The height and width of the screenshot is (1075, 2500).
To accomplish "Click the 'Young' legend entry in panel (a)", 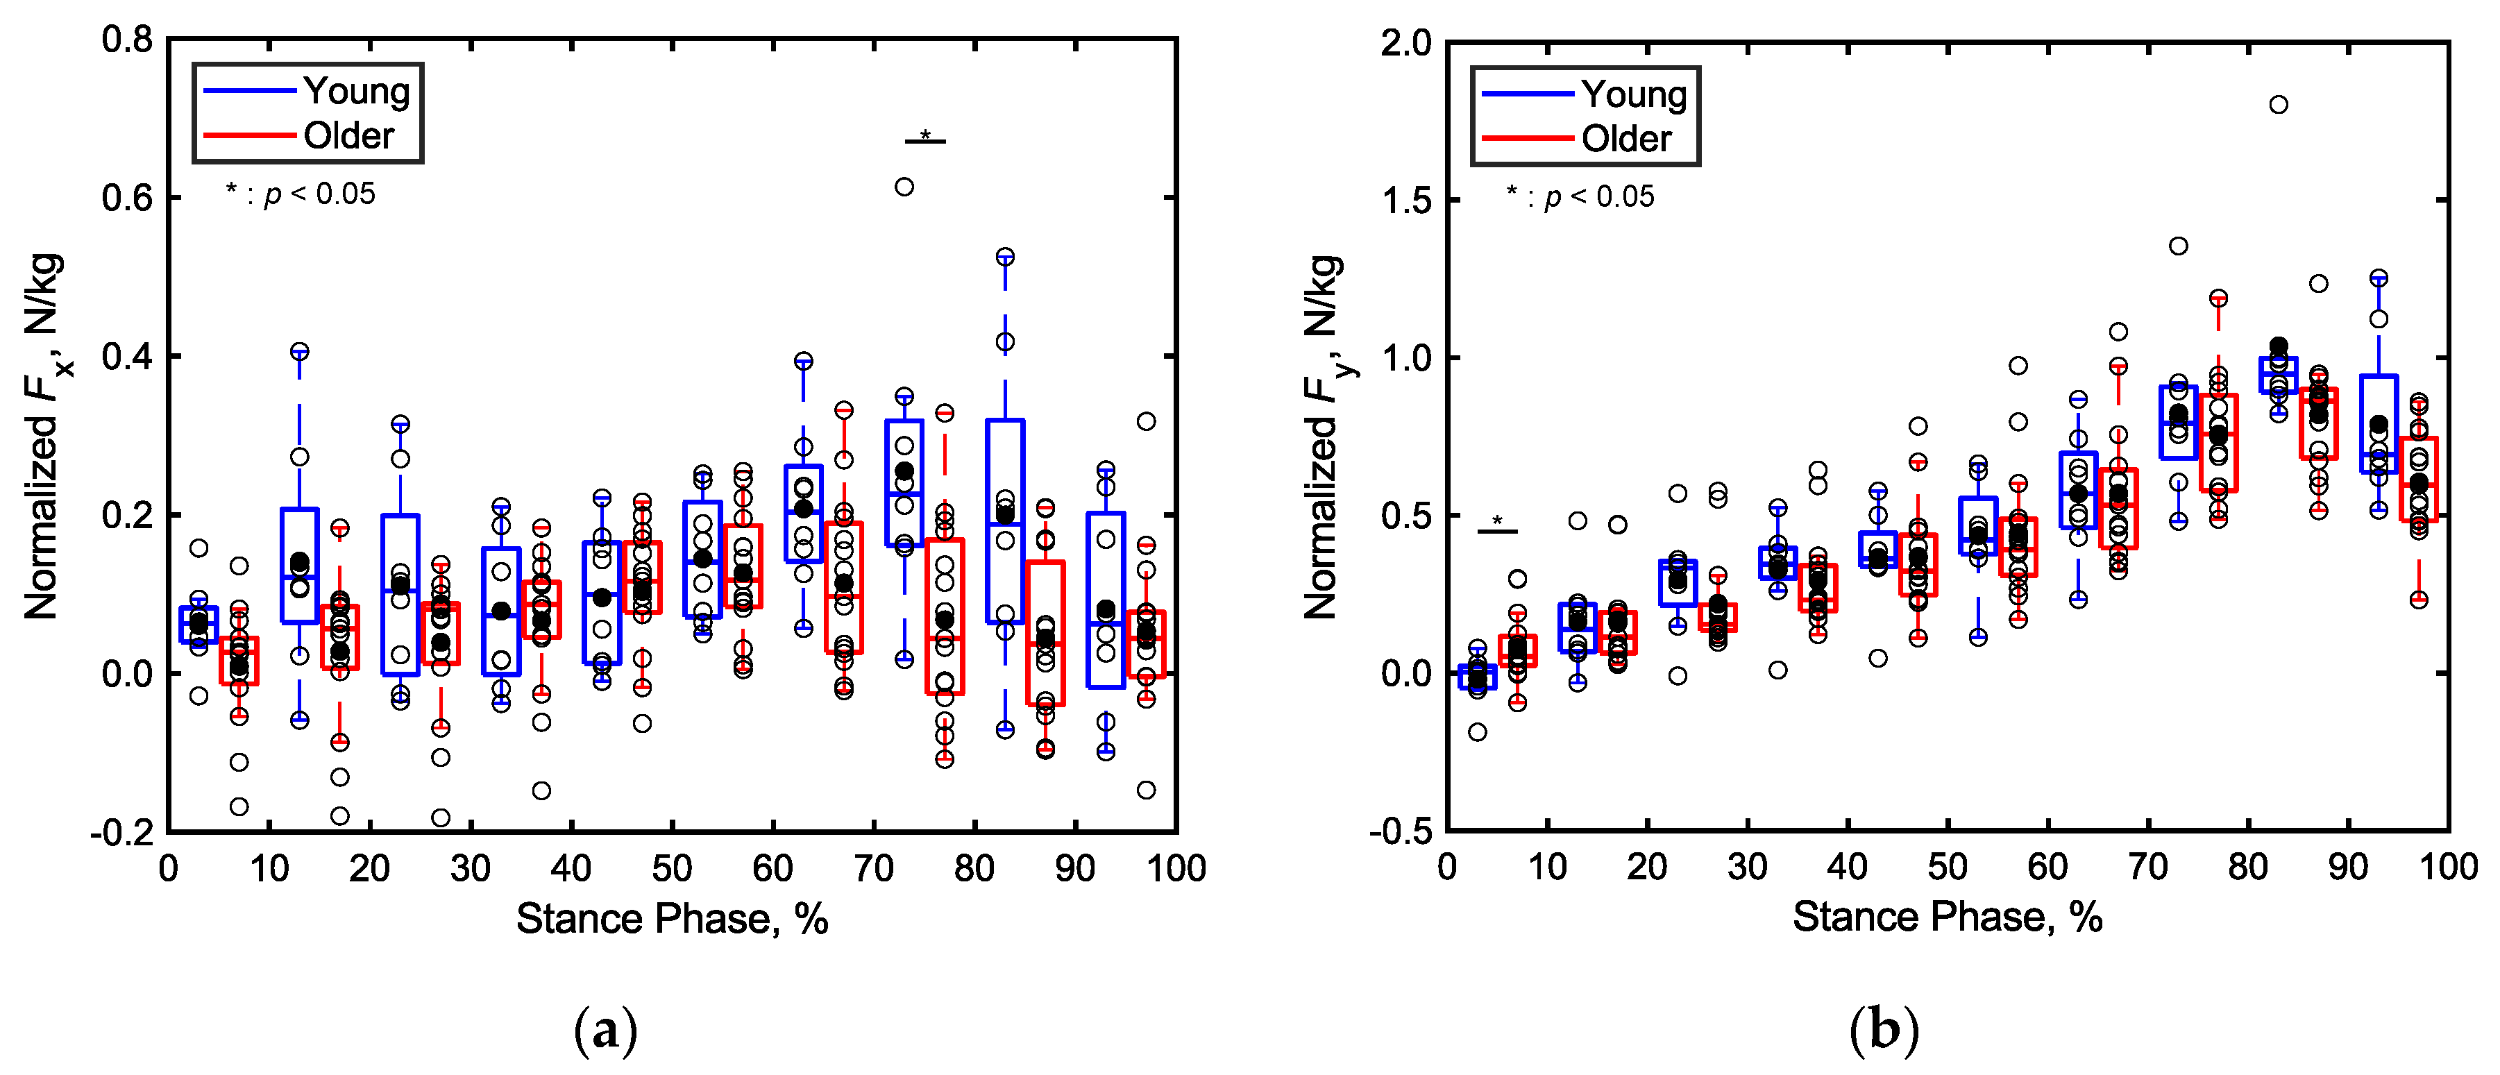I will point(355,90).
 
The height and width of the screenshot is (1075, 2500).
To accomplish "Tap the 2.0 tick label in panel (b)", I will point(1405,44).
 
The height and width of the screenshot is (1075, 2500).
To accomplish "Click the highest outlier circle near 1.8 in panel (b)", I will point(2278,105).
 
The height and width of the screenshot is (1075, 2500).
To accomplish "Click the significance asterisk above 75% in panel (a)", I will point(925,135).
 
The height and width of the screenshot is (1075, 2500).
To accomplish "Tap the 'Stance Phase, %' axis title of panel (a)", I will point(672,918).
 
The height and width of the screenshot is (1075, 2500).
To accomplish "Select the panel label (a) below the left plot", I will point(606,1031).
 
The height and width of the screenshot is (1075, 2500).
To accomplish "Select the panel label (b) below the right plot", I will point(1884,1031).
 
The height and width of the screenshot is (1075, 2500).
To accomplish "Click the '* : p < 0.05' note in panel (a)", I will point(300,194).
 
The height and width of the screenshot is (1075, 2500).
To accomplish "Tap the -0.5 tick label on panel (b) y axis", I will point(1399,831).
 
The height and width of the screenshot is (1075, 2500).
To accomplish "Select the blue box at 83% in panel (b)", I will point(2278,375).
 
